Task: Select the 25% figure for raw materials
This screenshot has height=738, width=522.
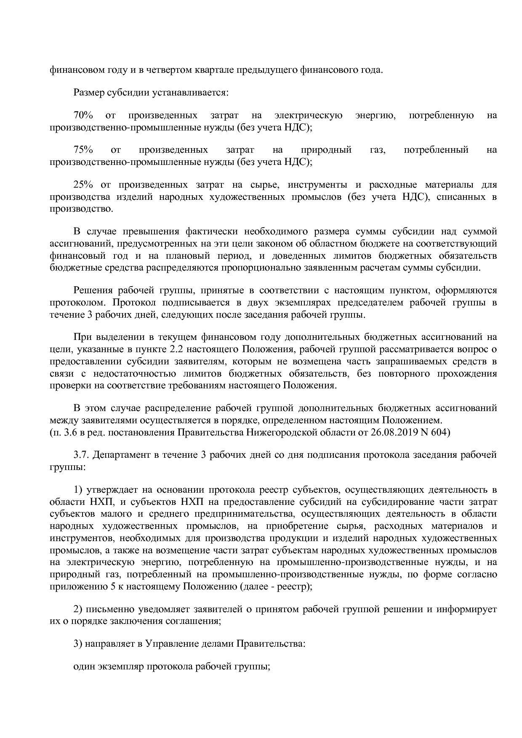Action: [83, 185]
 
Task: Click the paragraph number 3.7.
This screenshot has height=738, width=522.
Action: [81, 455]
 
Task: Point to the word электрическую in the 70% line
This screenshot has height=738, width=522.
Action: [308, 115]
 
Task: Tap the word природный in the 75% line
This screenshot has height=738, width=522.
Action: [326, 150]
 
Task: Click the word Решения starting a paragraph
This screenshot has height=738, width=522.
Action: [91, 290]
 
